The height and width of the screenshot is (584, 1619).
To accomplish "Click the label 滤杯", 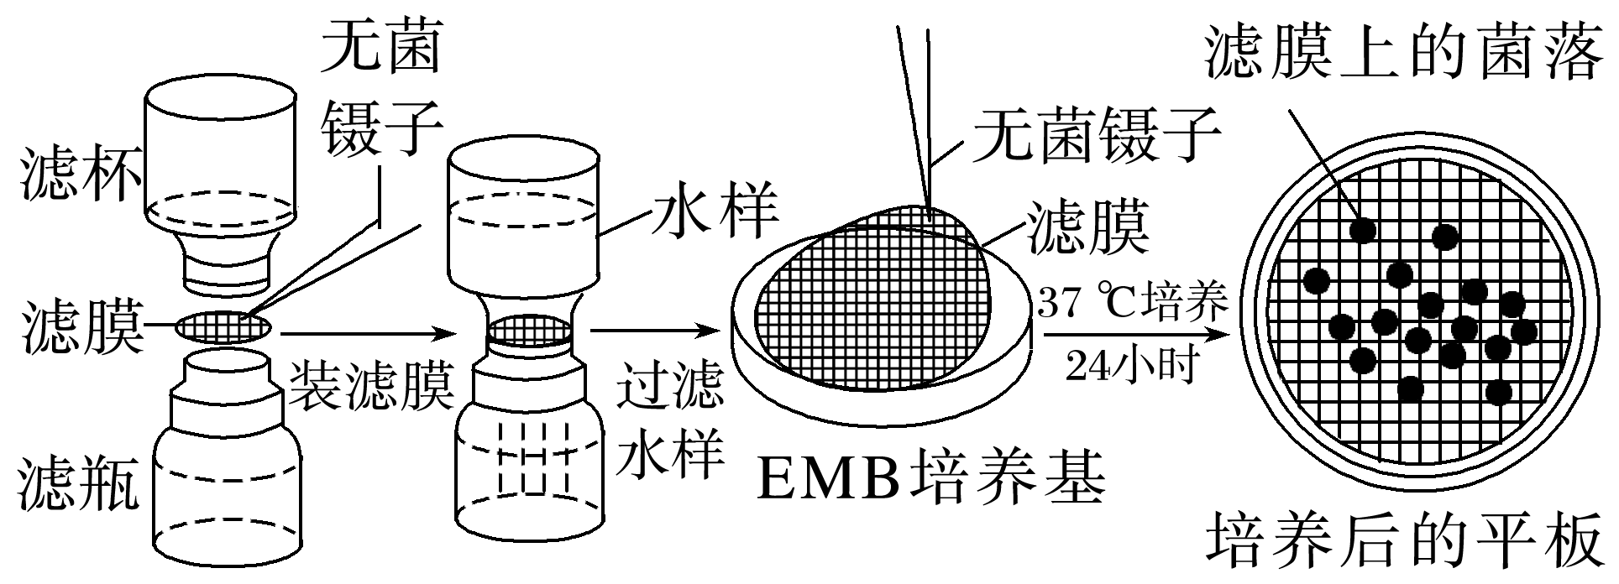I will pyautogui.click(x=80, y=174).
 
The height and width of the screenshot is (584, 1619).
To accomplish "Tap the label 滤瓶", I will pyautogui.click(x=80, y=482).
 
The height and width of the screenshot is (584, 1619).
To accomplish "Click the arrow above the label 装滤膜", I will pyautogui.click(x=369, y=334).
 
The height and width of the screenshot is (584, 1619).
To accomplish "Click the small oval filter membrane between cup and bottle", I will pyautogui.click(x=223, y=326).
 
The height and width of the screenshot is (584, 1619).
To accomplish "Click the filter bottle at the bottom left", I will pyautogui.click(x=227, y=470).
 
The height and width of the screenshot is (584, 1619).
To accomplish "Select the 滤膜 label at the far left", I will pyautogui.click(x=80, y=329).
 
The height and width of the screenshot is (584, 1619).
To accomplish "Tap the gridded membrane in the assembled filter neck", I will pyautogui.click(x=529, y=330).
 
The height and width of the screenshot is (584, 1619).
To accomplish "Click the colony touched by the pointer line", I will pyautogui.click(x=1362, y=228).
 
